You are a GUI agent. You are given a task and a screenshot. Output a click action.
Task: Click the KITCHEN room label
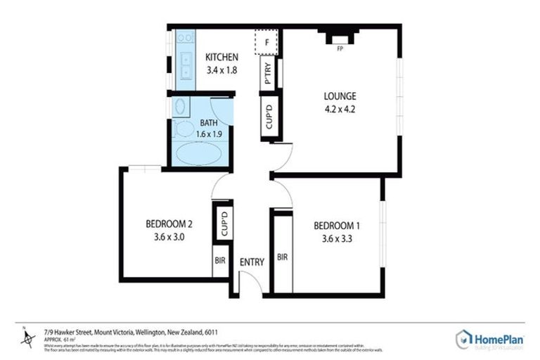[221, 58]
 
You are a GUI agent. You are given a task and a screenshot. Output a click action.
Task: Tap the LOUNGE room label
[340, 96]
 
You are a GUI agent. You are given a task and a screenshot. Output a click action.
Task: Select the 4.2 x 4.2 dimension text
[340, 109]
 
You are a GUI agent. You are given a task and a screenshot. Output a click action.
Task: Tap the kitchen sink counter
[186, 59]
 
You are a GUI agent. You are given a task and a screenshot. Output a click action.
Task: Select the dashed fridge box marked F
[267, 41]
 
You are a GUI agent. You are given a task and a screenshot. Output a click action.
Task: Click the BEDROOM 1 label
[336, 226]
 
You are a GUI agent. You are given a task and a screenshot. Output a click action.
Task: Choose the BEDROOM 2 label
[169, 224]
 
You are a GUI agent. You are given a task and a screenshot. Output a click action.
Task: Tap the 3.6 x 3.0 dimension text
[169, 237]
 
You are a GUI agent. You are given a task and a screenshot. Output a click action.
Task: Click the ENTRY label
[252, 262]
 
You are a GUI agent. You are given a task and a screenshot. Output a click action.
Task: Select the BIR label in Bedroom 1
[283, 257]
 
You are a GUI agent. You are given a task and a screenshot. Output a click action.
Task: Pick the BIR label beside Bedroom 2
[220, 260]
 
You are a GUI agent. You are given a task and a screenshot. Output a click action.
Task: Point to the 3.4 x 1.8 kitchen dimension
[221, 70]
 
